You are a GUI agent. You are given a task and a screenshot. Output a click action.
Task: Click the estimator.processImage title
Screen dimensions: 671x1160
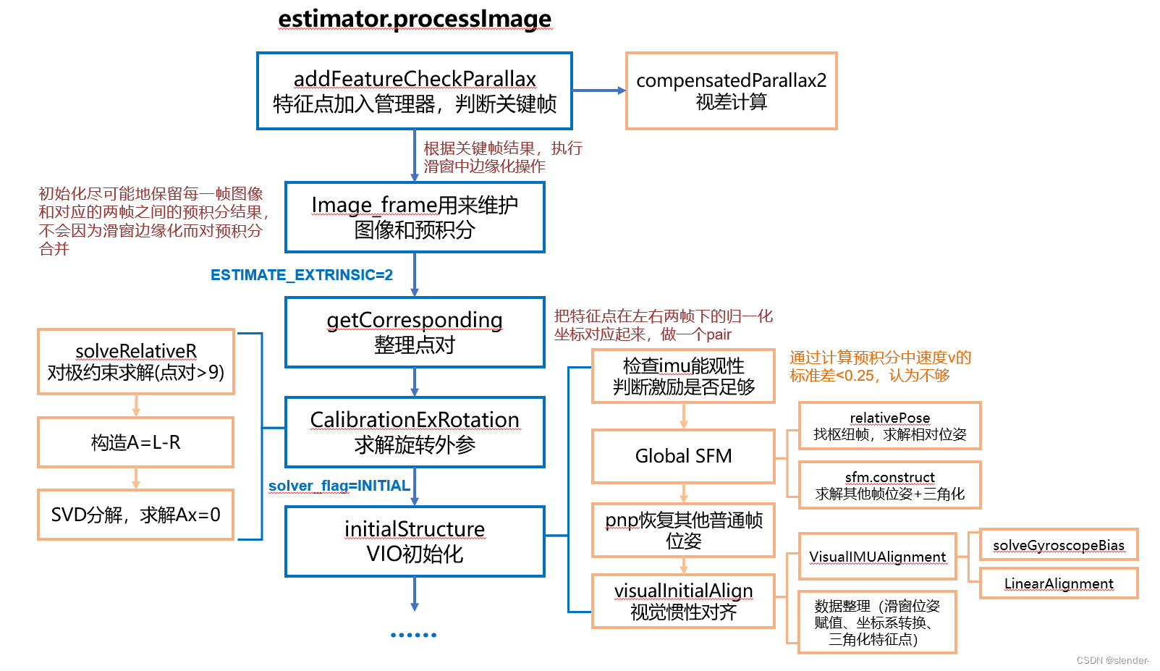point(415,19)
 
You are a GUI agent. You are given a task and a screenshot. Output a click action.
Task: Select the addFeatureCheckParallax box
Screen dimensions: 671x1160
point(415,91)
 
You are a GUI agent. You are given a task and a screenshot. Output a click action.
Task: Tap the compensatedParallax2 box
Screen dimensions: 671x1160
point(731,91)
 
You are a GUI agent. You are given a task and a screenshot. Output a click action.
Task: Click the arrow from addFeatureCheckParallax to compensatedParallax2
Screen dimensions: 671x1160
point(598,90)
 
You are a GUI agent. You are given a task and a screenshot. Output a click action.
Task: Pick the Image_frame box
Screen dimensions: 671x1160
point(415,217)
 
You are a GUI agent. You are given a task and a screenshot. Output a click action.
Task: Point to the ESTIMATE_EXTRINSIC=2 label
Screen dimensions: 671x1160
point(302,275)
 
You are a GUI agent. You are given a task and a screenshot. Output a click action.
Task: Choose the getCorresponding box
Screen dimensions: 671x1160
point(415,332)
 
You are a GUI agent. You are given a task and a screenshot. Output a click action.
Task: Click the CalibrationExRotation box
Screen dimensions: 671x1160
point(415,432)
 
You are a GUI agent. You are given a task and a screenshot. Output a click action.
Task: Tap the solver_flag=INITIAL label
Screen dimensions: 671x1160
point(339,486)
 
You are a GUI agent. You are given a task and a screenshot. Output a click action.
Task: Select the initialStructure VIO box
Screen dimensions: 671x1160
point(415,541)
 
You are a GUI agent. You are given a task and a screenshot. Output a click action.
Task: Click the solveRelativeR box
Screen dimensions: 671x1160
point(136,362)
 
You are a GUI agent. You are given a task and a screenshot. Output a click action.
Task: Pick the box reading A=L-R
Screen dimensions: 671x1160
point(136,442)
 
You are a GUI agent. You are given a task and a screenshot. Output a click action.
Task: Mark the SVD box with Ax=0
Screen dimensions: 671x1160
point(136,515)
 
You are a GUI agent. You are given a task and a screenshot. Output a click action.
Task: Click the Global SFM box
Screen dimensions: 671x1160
point(683,456)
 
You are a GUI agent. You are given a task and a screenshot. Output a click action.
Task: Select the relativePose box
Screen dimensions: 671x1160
point(889,426)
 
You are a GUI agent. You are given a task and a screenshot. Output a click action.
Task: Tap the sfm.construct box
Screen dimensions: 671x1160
point(889,486)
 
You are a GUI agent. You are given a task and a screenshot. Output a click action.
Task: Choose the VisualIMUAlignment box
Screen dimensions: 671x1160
point(877,557)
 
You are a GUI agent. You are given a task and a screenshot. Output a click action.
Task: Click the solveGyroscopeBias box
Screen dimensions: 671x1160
point(1058,545)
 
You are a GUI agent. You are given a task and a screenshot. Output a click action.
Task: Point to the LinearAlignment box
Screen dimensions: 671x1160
point(1058,583)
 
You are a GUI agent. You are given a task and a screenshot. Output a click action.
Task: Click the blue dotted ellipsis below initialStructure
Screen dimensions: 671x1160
point(414,635)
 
